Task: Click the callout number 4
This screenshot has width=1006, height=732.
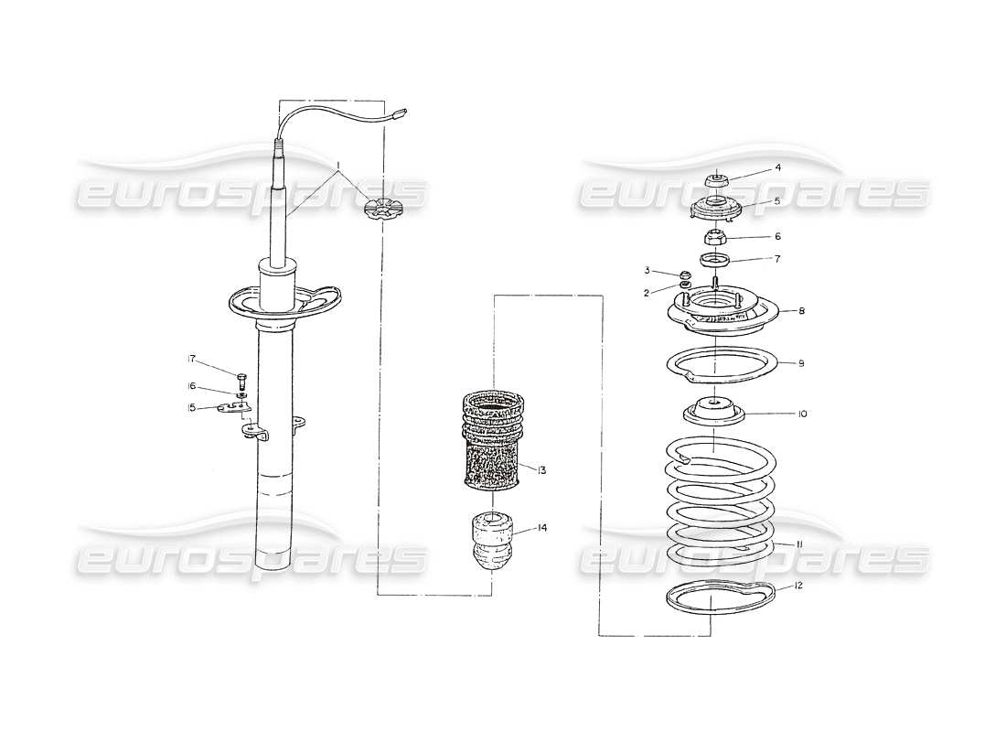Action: (x=777, y=168)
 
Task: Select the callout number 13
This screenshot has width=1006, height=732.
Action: (x=542, y=470)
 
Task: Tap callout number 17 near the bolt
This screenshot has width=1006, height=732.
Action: (x=193, y=358)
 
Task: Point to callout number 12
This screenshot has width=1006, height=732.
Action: (x=798, y=586)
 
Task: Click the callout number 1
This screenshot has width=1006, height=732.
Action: (x=339, y=167)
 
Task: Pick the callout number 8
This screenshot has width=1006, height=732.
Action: (x=800, y=311)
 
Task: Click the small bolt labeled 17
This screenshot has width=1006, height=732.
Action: (x=242, y=379)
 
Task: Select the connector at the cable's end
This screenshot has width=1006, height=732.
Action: (x=400, y=115)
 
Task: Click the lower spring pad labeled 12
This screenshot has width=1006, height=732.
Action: (x=718, y=604)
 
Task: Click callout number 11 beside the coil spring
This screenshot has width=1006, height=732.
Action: (x=798, y=544)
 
